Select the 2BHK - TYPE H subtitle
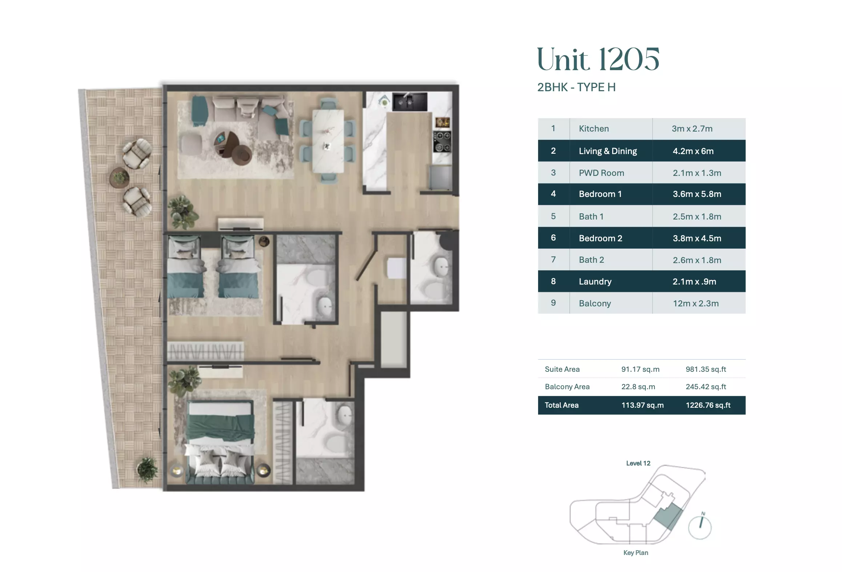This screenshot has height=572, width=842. click(x=576, y=87)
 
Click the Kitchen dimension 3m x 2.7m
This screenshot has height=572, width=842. click(x=692, y=129)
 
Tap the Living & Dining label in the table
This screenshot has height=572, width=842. click(x=608, y=151)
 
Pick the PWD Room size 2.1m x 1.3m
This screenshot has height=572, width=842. click(x=697, y=173)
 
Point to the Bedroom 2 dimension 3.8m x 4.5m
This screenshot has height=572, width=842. click(x=697, y=238)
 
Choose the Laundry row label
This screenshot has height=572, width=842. click(x=595, y=282)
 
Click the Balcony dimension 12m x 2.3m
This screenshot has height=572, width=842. click(x=695, y=303)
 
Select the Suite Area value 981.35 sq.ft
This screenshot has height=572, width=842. click(x=706, y=369)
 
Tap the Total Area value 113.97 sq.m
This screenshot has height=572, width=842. click(x=642, y=405)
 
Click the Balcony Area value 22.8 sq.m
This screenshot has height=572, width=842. click(x=638, y=387)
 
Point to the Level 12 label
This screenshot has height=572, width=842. click(x=638, y=463)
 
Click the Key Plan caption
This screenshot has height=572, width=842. click(x=635, y=553)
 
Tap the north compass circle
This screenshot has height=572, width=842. click(x=699, y=528)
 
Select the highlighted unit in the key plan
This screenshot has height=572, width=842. click(x=668, y=516)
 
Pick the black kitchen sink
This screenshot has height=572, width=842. click(x=410, y=101)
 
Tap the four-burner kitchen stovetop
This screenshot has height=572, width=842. click(x=442, y=142)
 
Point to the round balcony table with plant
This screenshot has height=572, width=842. click(x=120, y=178)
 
